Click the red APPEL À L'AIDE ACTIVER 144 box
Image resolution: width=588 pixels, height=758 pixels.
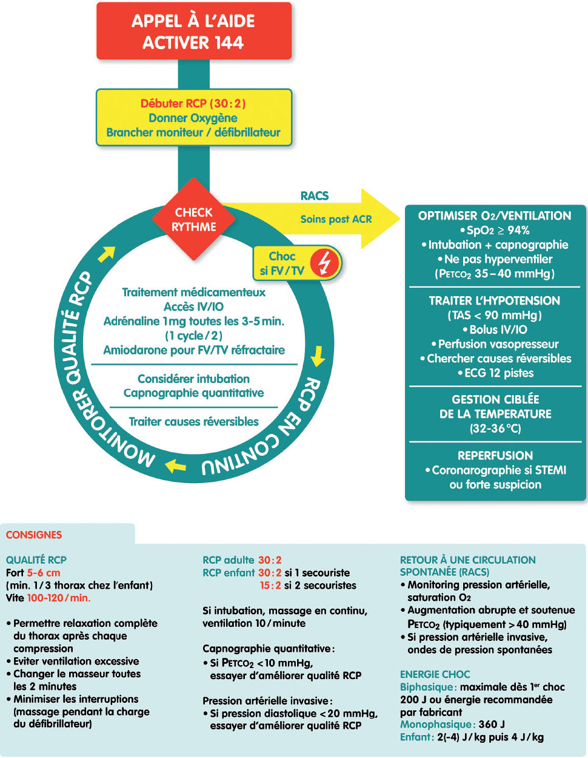193,32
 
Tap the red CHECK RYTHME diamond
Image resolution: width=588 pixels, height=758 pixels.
193,220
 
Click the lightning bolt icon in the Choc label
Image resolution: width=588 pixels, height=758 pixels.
325,263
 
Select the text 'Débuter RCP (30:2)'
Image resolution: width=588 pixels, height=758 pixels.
193,104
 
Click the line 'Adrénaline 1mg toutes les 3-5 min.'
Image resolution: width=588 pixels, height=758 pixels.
193,321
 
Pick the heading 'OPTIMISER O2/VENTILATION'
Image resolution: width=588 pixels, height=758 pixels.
495,216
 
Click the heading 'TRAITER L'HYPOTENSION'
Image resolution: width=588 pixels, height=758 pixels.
495,301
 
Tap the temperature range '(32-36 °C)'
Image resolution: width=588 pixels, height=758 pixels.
495,428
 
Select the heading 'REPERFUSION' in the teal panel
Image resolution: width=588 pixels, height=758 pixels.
495,456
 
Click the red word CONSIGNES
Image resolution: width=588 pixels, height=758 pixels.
34,535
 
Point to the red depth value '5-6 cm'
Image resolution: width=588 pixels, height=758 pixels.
44,573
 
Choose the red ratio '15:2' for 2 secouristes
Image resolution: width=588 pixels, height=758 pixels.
270,586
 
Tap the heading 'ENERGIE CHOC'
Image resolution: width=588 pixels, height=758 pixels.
435,674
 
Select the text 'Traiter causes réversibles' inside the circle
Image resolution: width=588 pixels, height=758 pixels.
193,422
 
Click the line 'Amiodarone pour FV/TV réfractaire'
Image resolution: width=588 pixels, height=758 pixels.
193,350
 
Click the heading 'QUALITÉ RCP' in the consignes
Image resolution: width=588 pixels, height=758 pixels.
36,560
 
